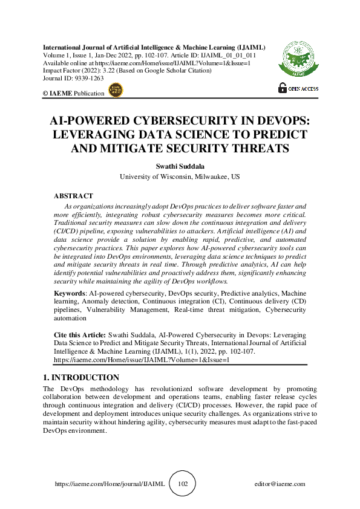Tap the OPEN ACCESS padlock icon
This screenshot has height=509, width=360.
click(x=283, y=88)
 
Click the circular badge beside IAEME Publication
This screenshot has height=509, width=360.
click(x=115, y=91)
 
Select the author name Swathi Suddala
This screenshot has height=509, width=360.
click(x=180, y=166)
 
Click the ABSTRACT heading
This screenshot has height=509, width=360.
click(x=73, y=196)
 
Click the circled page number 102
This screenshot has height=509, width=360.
click(x=183, y=484)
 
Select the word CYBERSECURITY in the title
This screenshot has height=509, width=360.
click(x=183, y=120)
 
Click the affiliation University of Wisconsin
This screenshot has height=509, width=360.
click(x=156, y=177)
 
